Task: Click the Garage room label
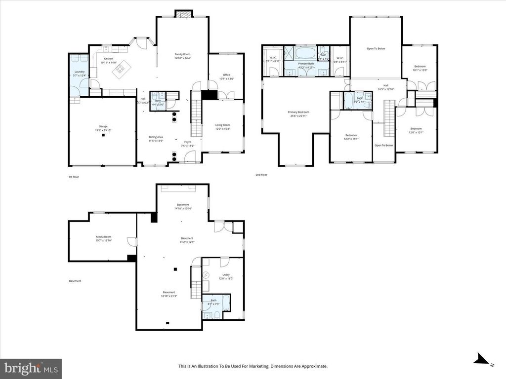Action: pyautogui.click(x=103, y=126)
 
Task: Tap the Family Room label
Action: pyautogui.click(x=182, y=54)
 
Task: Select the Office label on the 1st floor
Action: pyautogui.click(x=227, y=75)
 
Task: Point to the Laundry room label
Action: pyautogui.click(x=79, y=72)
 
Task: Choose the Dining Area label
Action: pyautogui.click(x=156, y=137)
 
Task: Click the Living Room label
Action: pyautogui.click(x=222, y=125)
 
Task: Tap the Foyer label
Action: pyautogui.click(x=188, y=142)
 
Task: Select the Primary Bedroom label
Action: pyautogui.click(x=297, y=112)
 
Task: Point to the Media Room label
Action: pyautogui.click(x=104, y=237)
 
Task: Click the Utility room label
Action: pyautogui.click(x=226, y=275)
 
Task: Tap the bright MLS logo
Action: pyautogui.click(x=31, y=368)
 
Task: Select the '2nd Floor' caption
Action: pyautogui.click(x=261, y=175)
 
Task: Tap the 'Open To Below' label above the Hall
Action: pyautogui.click(x=376, y=48)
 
